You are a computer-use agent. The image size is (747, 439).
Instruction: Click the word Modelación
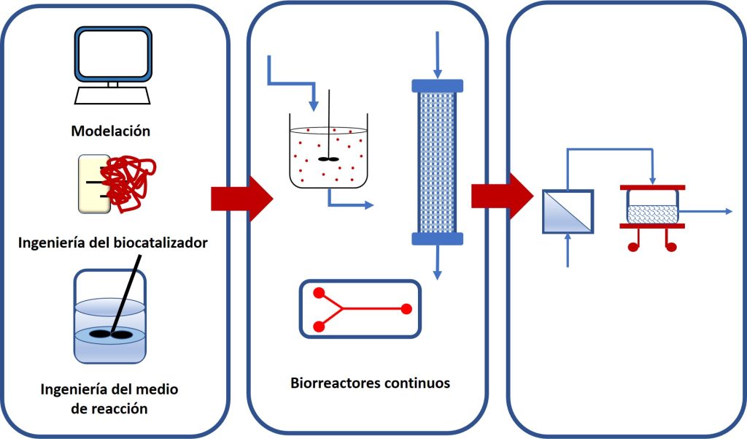pyautogui.click(x=111, y=131)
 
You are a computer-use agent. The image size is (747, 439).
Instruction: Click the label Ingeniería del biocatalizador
pyautogui.click(x=112, y=242)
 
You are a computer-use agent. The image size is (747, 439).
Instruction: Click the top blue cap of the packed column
pyautogui.click(x=437, y=85)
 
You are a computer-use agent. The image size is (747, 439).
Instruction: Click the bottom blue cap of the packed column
pyautogui.click(x=437, y=238)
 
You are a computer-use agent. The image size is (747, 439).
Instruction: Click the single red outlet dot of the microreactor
pyautogui.click(x=406, y=309)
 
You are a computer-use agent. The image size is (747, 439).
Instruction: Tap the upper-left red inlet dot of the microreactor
pyautogui.click(x=318, y=294)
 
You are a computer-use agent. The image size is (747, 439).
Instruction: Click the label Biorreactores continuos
pyautogui.click(x=369, y=383)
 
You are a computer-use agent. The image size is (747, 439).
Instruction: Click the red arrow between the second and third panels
pyautogui.click(x=503, y=196)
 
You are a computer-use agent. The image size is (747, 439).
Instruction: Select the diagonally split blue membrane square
pyautogui.click(x=568, y=211)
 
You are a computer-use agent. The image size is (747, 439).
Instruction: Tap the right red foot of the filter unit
pyautogui.click(x=672, y=246)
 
